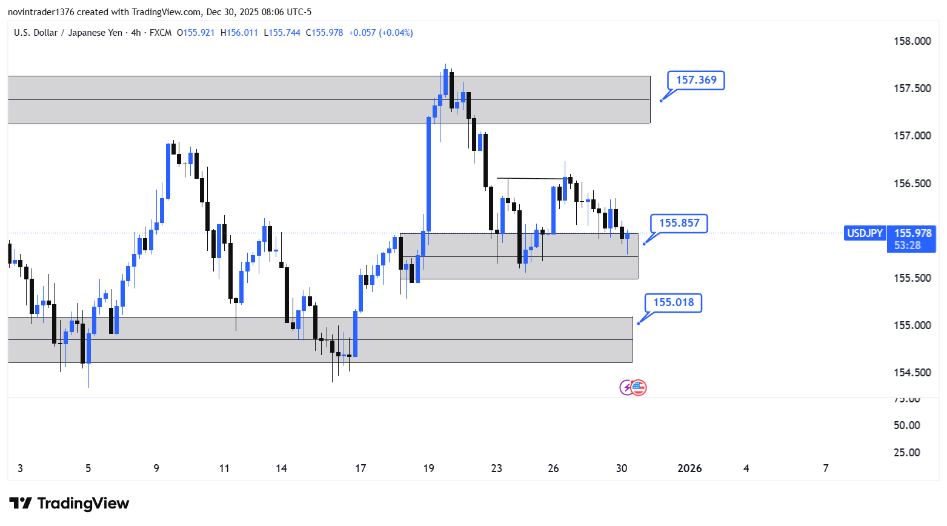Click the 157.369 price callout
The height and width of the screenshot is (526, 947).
click(x=696, y=80)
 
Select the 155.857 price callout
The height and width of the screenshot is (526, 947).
click(x=679, y=223)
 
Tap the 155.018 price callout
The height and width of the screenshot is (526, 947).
click(x=673, y=302)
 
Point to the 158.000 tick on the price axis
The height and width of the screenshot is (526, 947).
click(x=912, y=41)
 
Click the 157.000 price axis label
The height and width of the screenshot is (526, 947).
click(x=912, y=136)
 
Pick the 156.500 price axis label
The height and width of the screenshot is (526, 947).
click(x=912, y=184)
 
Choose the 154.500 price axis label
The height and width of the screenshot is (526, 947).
click(x=912, y=373)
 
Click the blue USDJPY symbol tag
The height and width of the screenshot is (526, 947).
click(x=865, y=233)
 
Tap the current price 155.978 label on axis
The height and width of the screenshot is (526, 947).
click(x=912, y=233)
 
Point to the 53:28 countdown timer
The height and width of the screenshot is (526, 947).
click(x=907, y=245)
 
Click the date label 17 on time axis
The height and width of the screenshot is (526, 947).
click(x=361, y=468)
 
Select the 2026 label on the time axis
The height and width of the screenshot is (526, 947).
click(x=689, y=468)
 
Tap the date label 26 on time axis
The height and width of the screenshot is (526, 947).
click(x=553, y=468)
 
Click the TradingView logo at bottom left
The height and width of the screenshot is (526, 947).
click(x=69, y=504)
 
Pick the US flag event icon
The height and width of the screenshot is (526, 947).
click(x=639, y=387)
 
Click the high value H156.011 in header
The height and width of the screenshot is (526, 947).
click(x=239, y=33)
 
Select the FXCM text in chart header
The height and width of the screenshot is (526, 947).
click(x=161, y=33)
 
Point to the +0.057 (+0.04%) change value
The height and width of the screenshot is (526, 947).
click(x=380, y=33)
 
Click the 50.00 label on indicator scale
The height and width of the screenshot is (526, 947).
click(x=906, y=425)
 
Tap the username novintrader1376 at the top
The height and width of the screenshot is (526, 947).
click(x=41, y=12)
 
